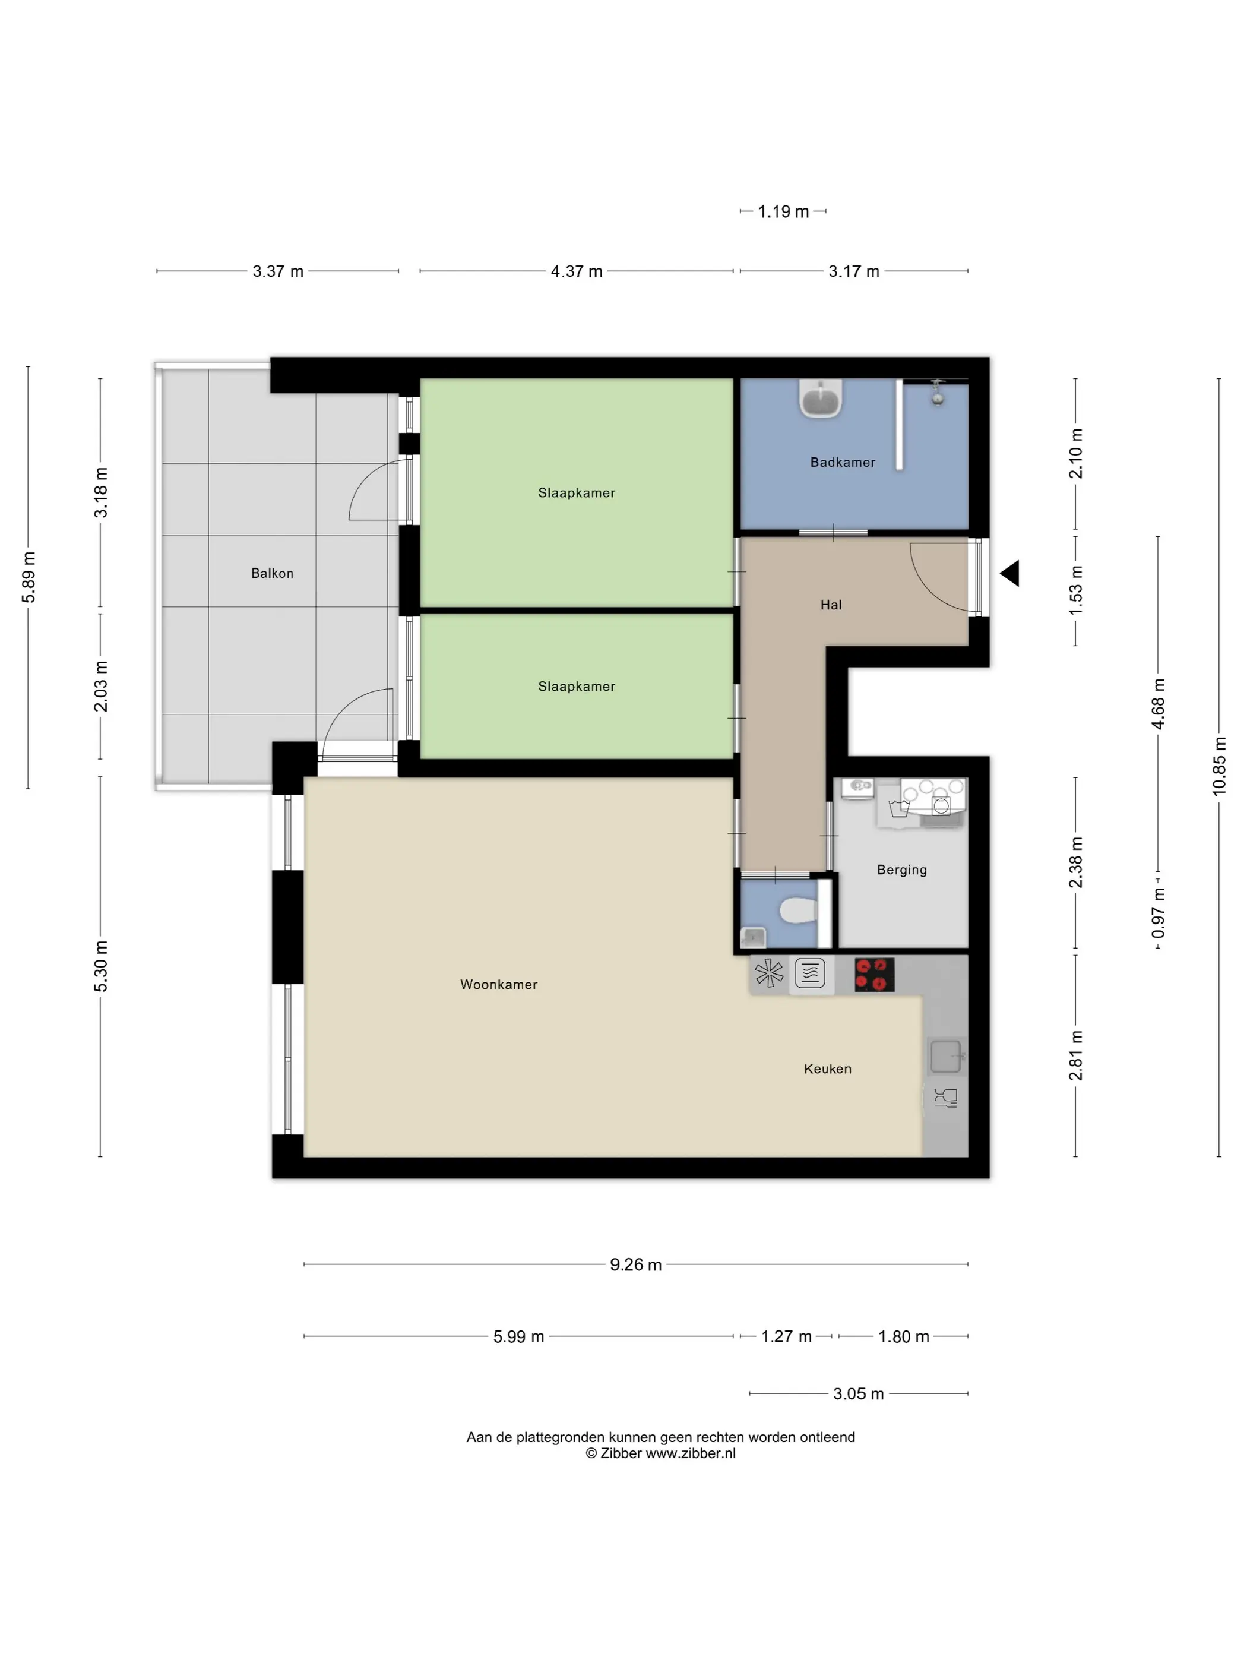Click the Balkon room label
[272, 573]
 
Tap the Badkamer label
[843, 462]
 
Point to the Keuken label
[828, 1068]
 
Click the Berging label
[902, 870]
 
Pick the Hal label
[831, 605]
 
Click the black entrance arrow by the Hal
[1009, 573]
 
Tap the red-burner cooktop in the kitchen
[874, 975]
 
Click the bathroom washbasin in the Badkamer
[821, 398]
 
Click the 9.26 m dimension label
[636, 1264]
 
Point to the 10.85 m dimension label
[1218, 766]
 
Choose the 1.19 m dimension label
[783, 212]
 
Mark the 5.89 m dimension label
[29, 577]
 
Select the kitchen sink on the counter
[945, 1055]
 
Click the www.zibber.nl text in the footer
[691, 1453]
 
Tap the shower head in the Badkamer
[937, 393]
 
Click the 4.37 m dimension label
[577, 271]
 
